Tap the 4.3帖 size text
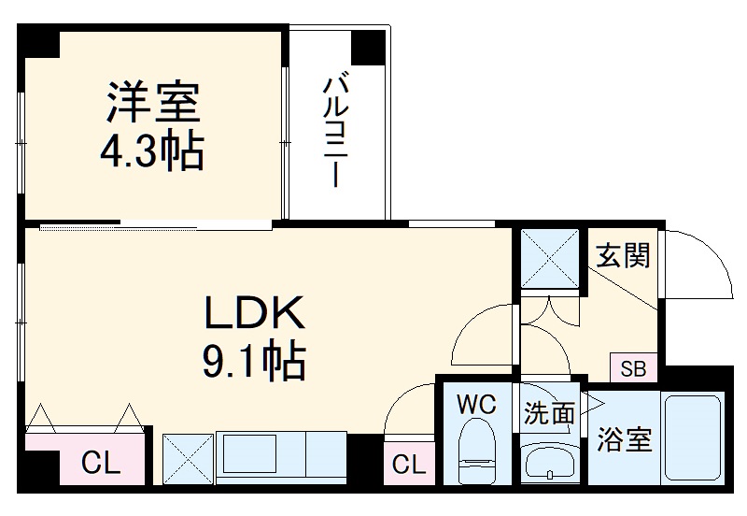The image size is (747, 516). tap(151, 150)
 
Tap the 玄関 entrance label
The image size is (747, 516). tap(623, 254)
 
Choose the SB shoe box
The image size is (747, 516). tap(634, 367)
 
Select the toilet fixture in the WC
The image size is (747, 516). tap(477, 450)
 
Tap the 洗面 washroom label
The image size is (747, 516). tap(548, 412)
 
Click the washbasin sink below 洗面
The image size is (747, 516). tap(551, 461)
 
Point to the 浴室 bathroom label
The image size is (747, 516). tap(625, 440)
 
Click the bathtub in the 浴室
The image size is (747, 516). tap(693, 440)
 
